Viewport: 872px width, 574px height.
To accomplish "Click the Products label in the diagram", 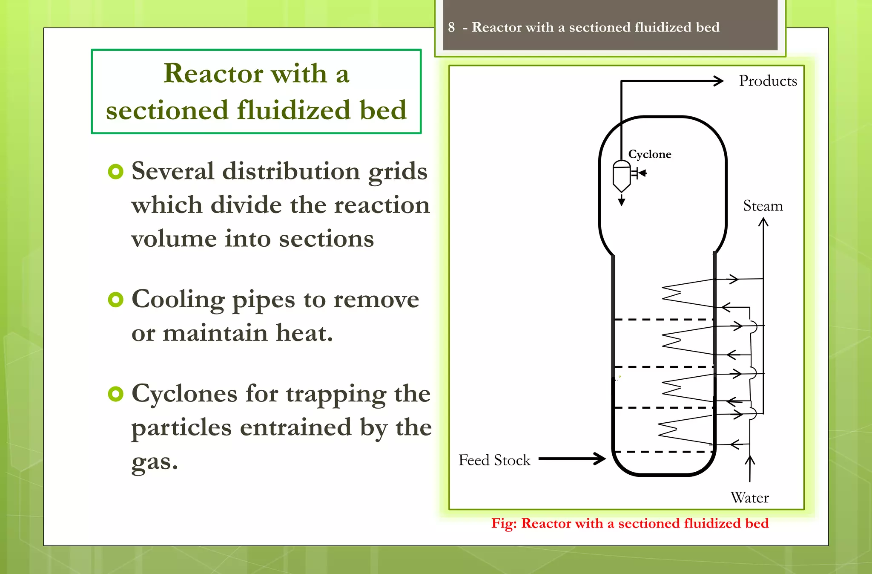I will (x=768, y=81).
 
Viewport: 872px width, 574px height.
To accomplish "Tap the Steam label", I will (x=763, y=206).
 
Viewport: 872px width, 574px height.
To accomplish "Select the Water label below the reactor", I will (x=749, y=498).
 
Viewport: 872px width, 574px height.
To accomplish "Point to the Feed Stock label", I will (x=494, y=460).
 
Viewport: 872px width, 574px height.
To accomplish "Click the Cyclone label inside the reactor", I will (x=649, y=154).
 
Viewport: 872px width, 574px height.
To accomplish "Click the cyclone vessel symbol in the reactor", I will (x=621, y=176).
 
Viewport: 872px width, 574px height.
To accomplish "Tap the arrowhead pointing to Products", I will (x=719, y=81).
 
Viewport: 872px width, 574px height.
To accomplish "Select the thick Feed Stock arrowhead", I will (x=600, y=459).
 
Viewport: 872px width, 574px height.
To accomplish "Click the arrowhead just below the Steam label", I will (x=763, y=222).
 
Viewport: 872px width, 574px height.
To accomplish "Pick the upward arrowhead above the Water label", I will (x=750, y=460).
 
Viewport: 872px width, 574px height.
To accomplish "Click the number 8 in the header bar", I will (x=451, y=27).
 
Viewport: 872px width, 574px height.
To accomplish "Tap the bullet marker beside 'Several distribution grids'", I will (x=115, y=172).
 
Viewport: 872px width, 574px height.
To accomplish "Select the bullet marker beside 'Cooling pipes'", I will (x=115, y=300).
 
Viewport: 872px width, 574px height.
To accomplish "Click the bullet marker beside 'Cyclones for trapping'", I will (x=115, y=394).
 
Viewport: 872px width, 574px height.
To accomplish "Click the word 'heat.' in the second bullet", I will (x=304, y=333).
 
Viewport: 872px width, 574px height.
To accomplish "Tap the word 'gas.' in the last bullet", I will (x=154, y=462).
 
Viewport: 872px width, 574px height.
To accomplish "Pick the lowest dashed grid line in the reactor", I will (x=663, y=451).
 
